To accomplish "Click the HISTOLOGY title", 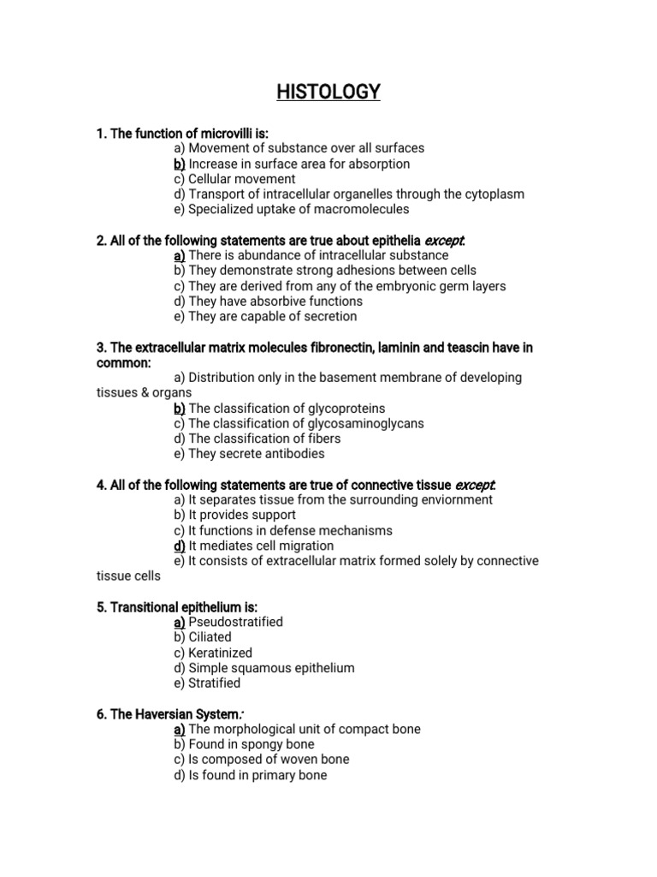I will tap(328, 92).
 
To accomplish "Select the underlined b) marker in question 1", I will tap(180, 164).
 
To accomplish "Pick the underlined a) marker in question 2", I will tap(180, 255).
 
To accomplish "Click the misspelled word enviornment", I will tap(455, 500).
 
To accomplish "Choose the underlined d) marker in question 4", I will tap(180, 546).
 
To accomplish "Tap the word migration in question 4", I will tap(305, 546).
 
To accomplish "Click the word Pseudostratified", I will tap(235, 622).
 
